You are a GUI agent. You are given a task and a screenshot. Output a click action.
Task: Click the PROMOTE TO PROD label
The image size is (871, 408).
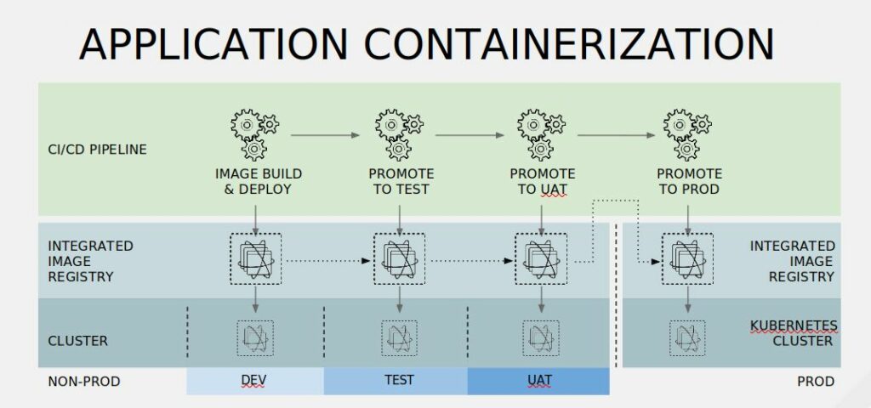pos(688,181)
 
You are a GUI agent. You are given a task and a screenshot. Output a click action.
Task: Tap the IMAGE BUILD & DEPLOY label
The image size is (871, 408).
pos(258,181)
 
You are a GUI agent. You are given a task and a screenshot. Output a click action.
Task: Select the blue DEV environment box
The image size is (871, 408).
pos(254,382)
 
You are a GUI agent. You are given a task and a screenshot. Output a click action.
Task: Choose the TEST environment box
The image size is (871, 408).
pos(396,382)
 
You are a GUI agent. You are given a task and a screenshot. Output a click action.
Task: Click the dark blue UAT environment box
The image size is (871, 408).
pos(538,382)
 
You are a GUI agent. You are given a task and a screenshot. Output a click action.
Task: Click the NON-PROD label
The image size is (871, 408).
pos(83,382)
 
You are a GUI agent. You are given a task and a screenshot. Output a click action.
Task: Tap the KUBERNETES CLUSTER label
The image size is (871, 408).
pos(793,333)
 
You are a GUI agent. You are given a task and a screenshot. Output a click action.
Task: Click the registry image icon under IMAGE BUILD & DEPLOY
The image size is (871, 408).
pos(255,258)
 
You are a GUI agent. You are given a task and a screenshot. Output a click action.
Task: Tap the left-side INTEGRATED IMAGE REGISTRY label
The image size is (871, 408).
pos(90,261)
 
